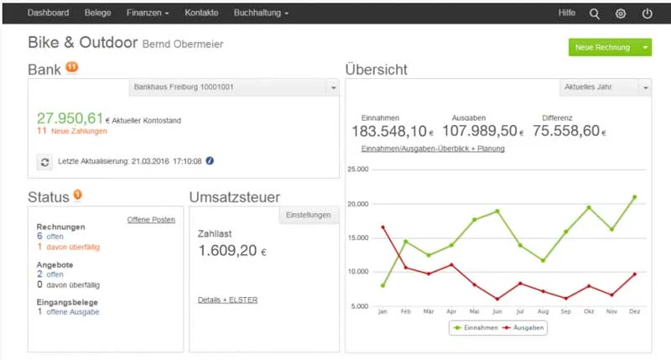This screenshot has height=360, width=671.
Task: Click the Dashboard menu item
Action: click(48, 13)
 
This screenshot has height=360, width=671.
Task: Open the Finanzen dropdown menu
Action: click(148, 13)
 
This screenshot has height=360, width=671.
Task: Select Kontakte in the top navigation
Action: click(201, 13)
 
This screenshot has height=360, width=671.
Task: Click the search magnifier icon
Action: click(595, 13)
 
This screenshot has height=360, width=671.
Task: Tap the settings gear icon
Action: click(621, 13)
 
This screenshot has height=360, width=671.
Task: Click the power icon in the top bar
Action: click(647, 13)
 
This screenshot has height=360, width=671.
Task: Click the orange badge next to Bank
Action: click(71, 67)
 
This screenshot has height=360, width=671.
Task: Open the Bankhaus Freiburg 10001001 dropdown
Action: click(235, 87)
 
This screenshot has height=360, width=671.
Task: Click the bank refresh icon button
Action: click(44, 161)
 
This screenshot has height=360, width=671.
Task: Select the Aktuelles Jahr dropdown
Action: click(604, 87)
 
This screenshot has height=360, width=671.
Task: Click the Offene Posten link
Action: click(151, 220)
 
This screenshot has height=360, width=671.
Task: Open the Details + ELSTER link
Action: click(227, 300)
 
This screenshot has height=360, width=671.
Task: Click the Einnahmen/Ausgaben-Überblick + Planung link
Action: click(433, 149)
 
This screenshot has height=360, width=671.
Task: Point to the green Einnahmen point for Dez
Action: click(635, 197)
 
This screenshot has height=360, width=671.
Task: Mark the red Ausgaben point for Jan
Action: click(383, 227)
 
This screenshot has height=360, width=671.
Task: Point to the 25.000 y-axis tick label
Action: click(358, 170)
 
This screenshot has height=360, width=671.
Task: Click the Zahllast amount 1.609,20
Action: click(227, 250)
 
